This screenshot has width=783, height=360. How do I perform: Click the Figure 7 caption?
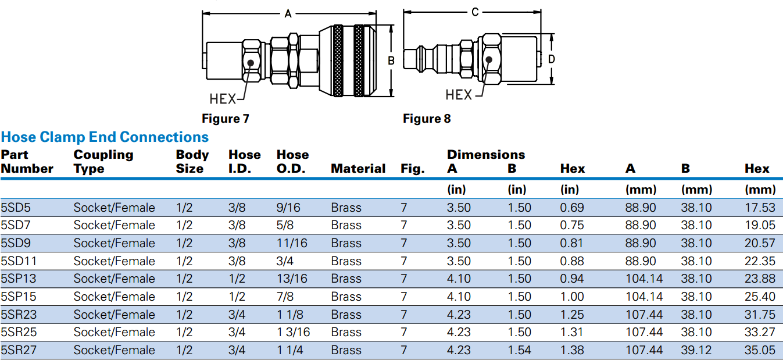click(226, 119)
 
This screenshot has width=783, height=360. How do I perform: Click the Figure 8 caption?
click(427, 119)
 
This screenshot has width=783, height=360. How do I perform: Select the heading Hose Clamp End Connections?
click(105, 137)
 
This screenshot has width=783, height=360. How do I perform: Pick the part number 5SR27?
click(21, 350)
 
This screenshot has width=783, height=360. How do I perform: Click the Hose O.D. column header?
click(292, 162)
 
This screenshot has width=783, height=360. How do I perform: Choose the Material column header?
click(358, 169)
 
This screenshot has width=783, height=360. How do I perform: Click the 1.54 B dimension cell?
click(520, 350)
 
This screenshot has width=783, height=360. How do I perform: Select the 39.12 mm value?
click(696, 350)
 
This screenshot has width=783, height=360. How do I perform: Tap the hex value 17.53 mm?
click(760, 208)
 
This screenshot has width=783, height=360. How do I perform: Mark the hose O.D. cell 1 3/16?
click(294, 332)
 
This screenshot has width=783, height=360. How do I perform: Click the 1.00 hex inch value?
click(572, 297)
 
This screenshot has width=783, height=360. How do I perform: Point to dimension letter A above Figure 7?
click(288, 14)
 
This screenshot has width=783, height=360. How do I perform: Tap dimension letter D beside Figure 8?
click(552, 59)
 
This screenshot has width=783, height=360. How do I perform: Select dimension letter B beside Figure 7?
click(391, 60)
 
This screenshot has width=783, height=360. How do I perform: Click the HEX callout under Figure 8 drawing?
click(459, 94)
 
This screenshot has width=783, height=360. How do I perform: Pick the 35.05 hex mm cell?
click(760, 350)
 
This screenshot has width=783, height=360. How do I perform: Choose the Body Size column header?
click(192, 162)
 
